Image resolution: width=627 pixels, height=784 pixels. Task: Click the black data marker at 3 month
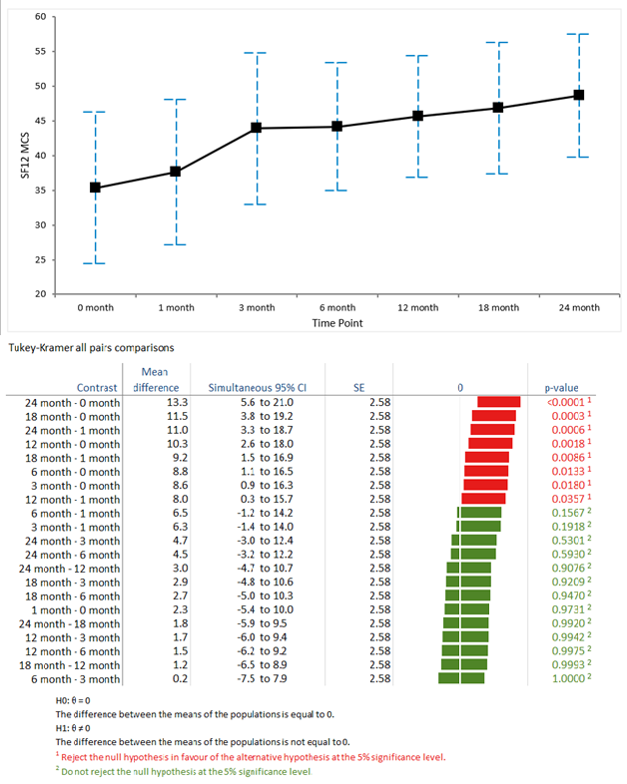[257, 128]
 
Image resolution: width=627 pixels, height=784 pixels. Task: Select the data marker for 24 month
[578, 96]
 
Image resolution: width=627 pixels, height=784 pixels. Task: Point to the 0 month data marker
[95, 188]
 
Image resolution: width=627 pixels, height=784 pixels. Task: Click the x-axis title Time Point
[336, 324]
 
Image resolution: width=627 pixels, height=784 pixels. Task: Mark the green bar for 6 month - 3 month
[461, 679]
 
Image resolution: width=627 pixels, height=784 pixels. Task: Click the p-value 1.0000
[562, 679]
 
